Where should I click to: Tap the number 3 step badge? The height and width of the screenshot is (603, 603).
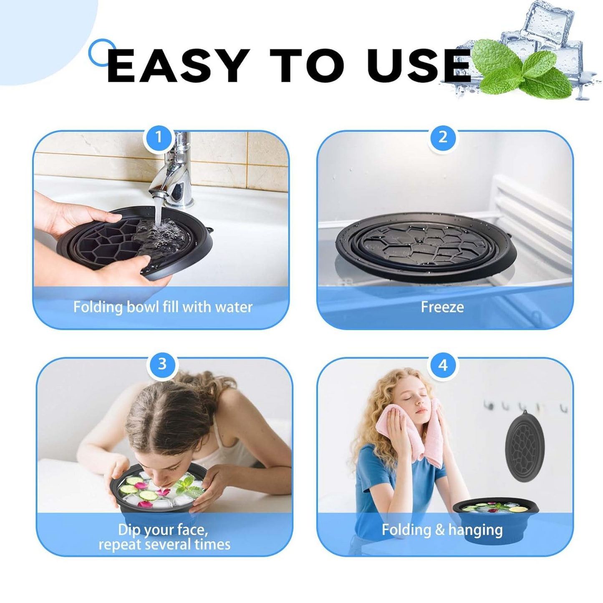162,364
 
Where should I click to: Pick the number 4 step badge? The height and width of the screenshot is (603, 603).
443,365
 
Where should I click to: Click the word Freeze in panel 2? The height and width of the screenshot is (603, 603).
442,307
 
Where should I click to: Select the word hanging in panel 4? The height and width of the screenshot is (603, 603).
475,530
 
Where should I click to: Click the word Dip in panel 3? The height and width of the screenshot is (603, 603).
129,530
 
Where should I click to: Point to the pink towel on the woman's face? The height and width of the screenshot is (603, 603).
411,434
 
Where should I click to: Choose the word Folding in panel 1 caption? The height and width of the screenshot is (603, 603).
98,307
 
